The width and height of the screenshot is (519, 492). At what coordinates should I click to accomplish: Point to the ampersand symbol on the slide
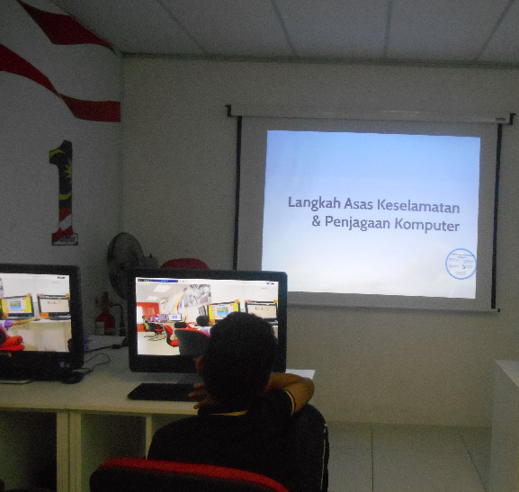click(x=316, y=224)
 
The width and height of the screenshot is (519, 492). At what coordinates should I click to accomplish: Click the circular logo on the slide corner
click(x=461, y=263)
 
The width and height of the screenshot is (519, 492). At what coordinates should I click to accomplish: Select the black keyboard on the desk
click(x=162, y=392)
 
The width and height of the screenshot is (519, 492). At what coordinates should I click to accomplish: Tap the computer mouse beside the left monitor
click(x=71, y=377)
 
